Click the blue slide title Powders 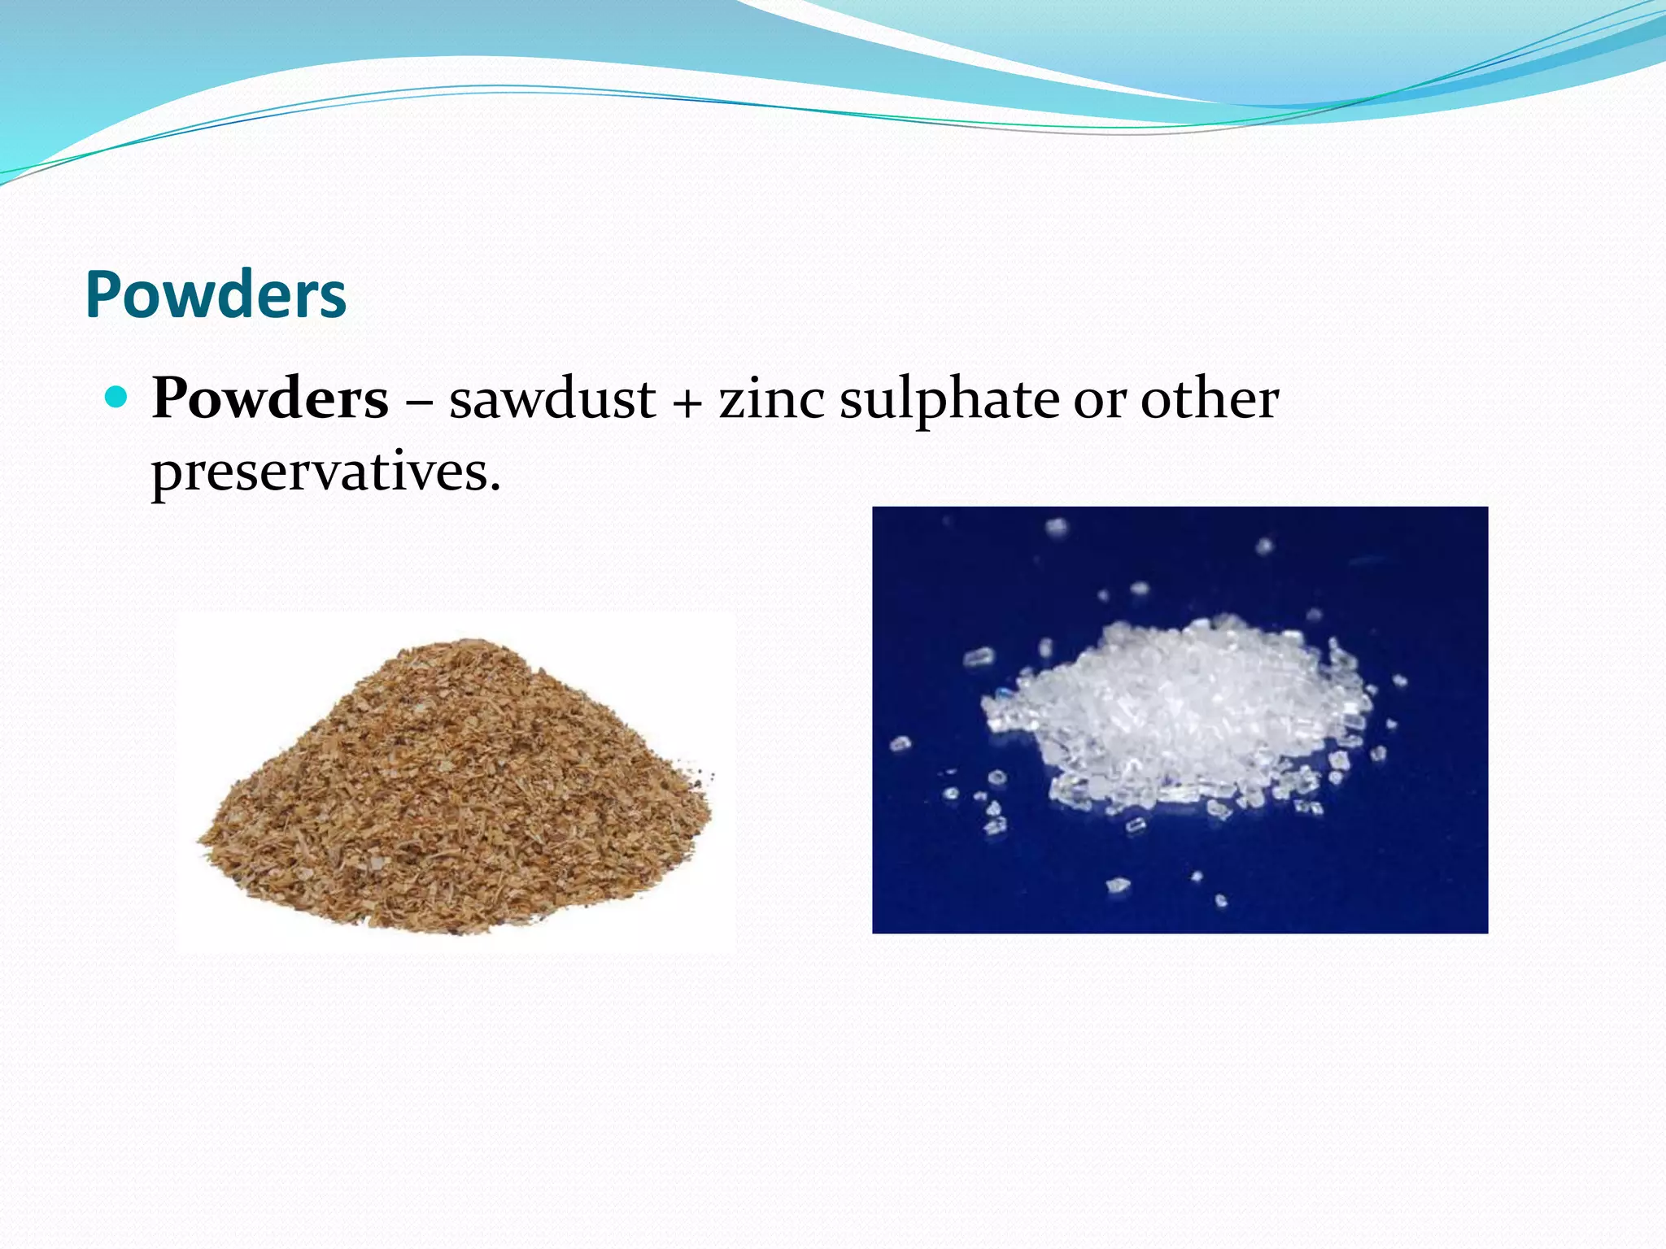(x=216, y=294)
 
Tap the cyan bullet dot (x=117, y=397)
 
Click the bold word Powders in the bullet (x=270, y=399)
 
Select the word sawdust (x=552, y=399)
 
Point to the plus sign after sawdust (x=687, y=402)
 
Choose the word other (x=1210, y=399)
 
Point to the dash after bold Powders (x=419, y=402)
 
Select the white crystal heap (x=1171, y=716)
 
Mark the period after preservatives (x=495, y=490)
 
